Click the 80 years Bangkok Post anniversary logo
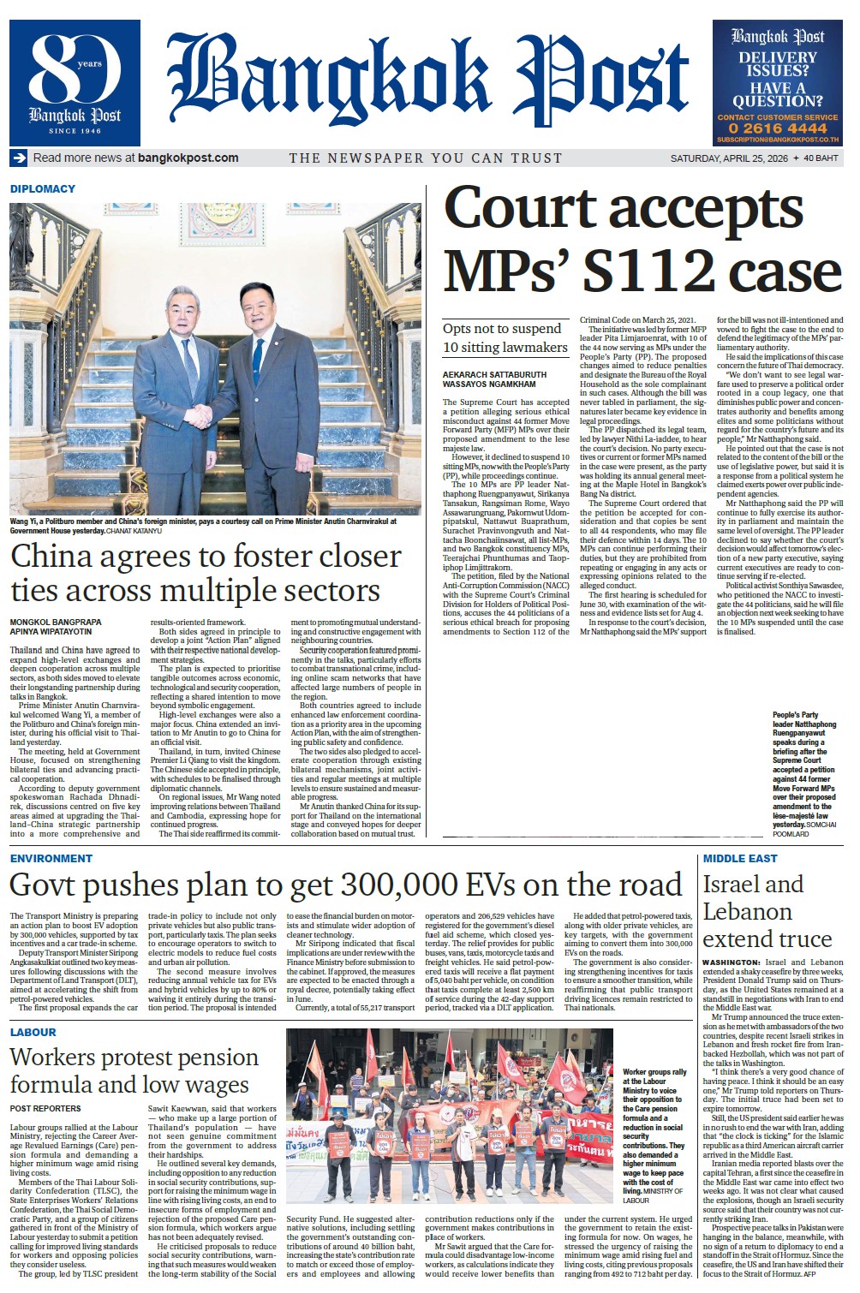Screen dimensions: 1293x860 (x=75, y=82)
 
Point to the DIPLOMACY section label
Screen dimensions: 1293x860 (x=43, y=188)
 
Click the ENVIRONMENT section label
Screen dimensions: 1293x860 (x=51, y=858)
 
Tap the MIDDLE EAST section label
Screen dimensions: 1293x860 (x=740, y=858)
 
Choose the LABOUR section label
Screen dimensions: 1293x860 (x=33, y=1032)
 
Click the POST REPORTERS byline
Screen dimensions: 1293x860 (x=45, y=1108)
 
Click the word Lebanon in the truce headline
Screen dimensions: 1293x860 (x=748, y=911)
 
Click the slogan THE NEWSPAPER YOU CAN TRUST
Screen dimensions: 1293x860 (x=425, y=158)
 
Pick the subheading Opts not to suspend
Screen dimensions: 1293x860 (x=502, y=329)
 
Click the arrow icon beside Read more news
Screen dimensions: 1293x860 (x=19, y=158)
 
